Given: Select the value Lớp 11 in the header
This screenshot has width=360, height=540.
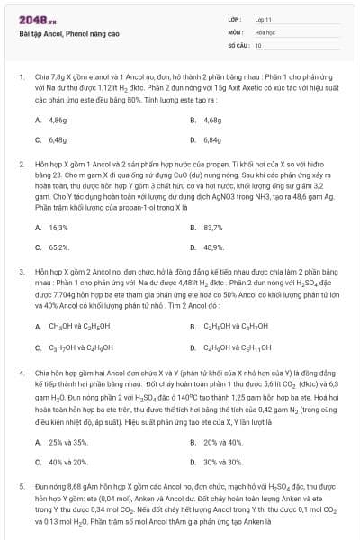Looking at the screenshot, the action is tap(264, 20).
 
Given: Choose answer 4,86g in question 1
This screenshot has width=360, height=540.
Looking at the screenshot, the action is tap(58, 120).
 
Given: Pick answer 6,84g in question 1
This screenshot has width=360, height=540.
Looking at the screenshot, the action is tap(212, 140).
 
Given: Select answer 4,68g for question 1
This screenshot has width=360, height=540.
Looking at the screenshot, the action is tap(212, 120).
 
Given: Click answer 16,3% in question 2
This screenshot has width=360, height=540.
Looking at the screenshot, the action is tap(58, 227).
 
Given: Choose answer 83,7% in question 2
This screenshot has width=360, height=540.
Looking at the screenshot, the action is tap(213, 227).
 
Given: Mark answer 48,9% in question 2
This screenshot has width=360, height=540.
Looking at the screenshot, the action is tap(213, 247).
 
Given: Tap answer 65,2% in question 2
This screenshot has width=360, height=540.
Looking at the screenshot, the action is tap(58, 247).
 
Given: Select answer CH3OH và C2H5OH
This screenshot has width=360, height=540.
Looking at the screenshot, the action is tap(79, 326).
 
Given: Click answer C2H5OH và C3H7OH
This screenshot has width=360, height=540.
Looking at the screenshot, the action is tap(234, 326).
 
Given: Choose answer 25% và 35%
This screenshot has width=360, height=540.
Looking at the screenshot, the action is tap(68, 442).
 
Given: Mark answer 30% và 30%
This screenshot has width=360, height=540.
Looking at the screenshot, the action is tap(223, 462).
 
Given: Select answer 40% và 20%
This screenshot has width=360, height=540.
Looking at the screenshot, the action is tap(68, 462).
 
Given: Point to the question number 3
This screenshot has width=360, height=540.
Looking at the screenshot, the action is tap(21, 270).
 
